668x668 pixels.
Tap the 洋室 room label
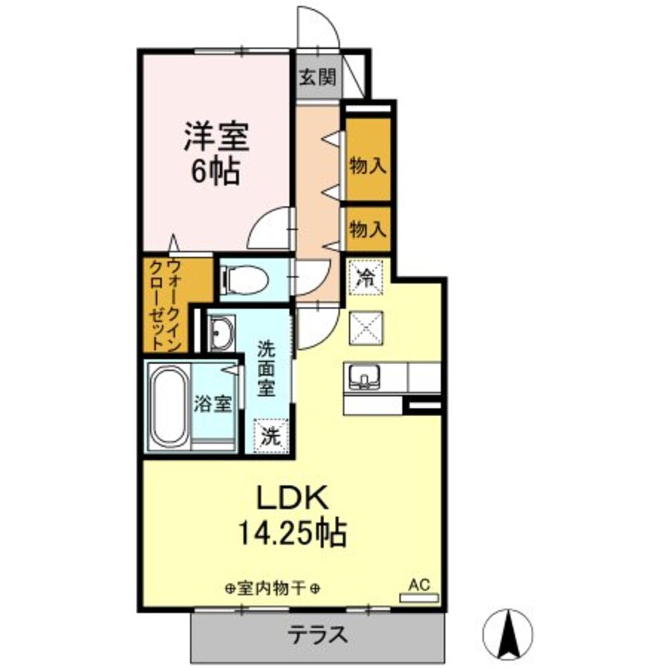[x=216, y=138]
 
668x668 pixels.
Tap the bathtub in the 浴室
[x=167, y=407]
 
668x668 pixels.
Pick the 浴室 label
[x=213, y=404]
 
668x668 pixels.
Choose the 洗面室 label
[x=267, y=368]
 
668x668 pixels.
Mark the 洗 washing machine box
[x=271, y=436]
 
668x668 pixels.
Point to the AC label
[x=418, y=584]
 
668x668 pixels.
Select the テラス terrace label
[x=318, y=633]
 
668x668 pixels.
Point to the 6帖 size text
[x=216, y=172]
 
